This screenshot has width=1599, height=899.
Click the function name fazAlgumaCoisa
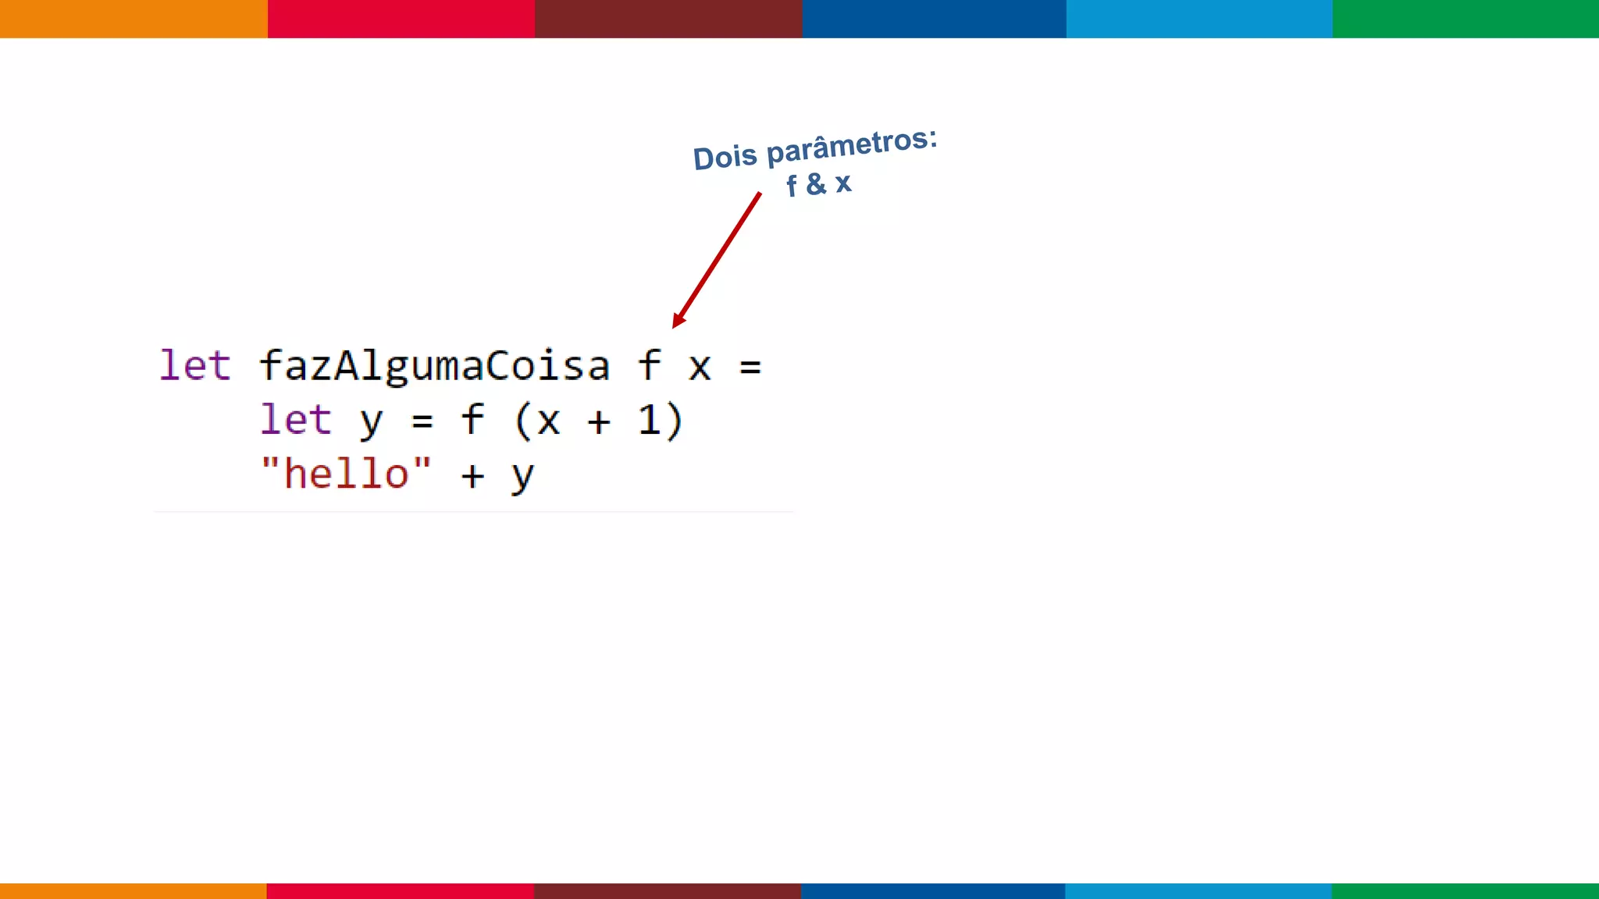point(434,366)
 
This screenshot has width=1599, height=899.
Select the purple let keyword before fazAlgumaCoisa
point(195,365)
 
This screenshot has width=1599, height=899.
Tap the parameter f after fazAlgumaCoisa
point(650,365)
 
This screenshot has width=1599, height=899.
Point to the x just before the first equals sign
point(700,368)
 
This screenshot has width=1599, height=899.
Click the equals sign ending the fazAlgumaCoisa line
point(750,367)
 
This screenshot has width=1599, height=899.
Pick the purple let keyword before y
point(296,420)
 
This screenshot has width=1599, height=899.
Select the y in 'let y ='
point(372,422)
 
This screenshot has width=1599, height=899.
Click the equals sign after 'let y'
point(422,421)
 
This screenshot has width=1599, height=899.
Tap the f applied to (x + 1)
point(472,420)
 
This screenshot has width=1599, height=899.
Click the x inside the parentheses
point(549,422)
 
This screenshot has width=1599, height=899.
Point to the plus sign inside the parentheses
point(599,422)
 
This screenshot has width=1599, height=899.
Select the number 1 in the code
point(650,420)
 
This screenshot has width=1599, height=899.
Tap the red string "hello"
point(346,474)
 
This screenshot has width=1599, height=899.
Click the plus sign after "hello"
point(472,475)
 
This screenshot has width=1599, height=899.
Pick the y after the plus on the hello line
point(522,476)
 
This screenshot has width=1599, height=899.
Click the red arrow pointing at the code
point(717,259)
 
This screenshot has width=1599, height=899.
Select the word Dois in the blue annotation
point(725,158)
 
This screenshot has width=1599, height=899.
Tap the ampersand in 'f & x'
point(816,184)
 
